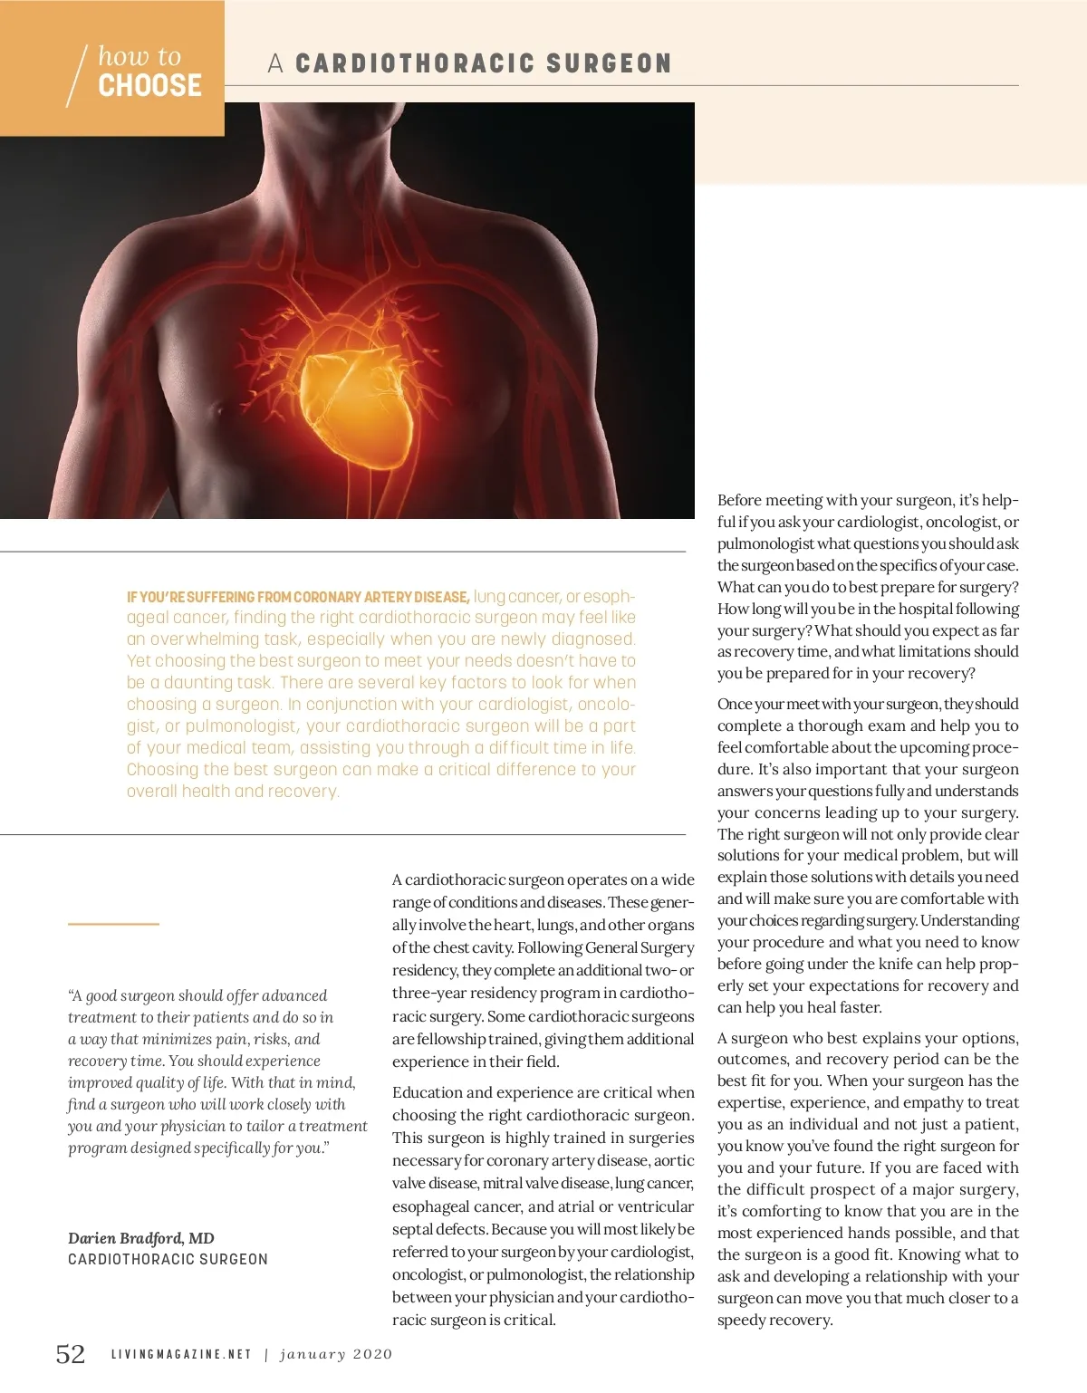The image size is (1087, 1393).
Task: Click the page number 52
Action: (71, 1354)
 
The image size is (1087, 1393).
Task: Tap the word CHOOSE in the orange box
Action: (149, 86)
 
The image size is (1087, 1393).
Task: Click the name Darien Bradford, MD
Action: (140, 1238)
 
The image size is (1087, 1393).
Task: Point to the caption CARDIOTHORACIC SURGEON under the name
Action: (168, 1260)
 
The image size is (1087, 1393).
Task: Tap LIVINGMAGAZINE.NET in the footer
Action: (181, 1355)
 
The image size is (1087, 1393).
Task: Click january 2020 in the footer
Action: (336, 1355)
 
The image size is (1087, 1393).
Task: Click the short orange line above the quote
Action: (113, 924)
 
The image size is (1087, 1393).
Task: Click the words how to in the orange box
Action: (139, 56)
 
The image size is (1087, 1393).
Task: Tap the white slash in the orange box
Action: (77, 76)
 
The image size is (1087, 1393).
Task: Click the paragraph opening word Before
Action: (744, 501)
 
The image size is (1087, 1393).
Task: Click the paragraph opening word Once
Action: (735, 705)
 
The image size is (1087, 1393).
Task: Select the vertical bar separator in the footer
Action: (266, 1355)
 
